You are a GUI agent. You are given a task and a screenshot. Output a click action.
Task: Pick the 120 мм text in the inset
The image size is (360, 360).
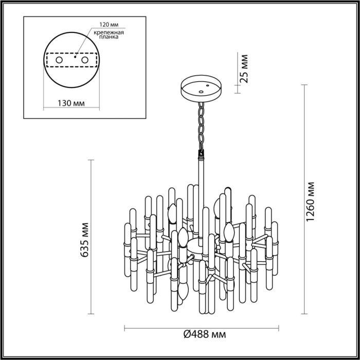(105, 25)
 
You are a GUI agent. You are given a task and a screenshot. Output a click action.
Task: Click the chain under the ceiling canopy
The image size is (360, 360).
(200, 125)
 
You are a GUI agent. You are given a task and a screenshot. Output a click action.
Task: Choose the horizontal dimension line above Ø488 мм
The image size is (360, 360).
(202, 328)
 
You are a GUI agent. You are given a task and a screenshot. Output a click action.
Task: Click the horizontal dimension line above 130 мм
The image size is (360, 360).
(71, 109)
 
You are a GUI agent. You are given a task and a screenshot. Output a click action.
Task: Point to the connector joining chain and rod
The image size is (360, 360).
(200, 153)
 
